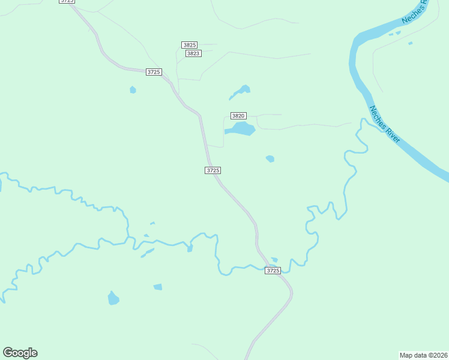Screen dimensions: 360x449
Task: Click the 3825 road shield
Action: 190,45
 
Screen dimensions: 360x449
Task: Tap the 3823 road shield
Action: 193,53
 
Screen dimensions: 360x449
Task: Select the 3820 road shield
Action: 238,115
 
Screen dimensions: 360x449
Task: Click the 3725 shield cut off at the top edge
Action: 67,2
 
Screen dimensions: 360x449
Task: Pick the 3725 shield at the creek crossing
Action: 273,271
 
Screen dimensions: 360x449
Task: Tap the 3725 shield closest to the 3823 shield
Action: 154,72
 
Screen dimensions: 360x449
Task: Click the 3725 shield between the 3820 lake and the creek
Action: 212,170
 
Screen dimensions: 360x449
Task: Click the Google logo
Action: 20,353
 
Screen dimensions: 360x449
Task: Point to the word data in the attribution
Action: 420,355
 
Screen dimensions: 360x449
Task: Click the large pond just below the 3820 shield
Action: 240,129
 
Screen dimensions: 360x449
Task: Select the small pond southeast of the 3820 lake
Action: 270,159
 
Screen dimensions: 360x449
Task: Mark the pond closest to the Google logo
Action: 113,298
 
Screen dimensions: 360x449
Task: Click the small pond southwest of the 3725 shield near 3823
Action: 133,90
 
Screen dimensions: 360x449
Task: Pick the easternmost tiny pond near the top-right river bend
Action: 411,43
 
